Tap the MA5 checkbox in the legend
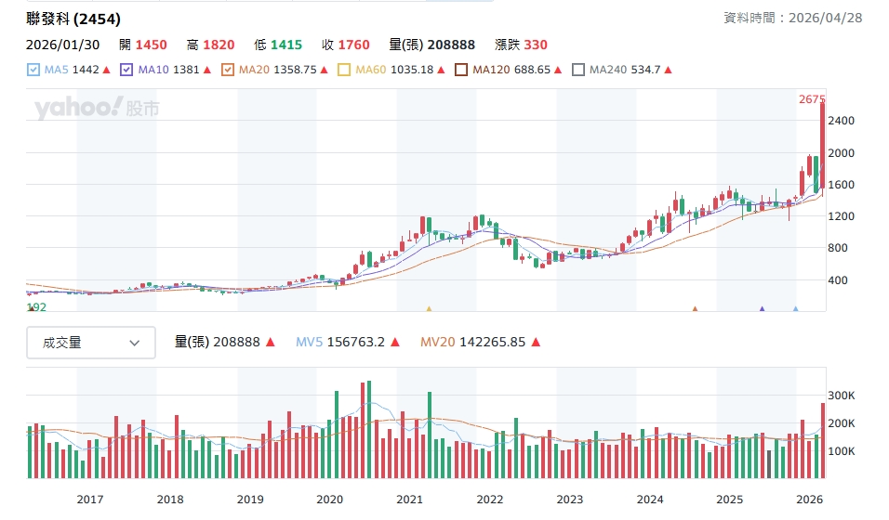(x=33, y=70)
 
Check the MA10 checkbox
(x=127, y=70)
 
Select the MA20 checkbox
(x=228, y=70)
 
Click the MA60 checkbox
(x=344, y=70)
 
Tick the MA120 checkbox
(x=461, y=70)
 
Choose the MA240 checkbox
(x=578, y=70)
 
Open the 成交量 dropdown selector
(x=91, y=343)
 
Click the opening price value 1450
(x=151, y=45)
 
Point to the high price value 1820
(x=219, y=45)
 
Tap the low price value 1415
(x=286, y=45)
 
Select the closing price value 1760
(x=353, y=45)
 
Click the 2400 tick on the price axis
(x=841, y=121)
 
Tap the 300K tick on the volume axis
(x=841, y=396)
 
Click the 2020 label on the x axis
(x=329, y=500)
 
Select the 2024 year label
(x=649, y=500)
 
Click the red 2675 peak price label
(x=812, y=99)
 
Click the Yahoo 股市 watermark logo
(x=97, y=108)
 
